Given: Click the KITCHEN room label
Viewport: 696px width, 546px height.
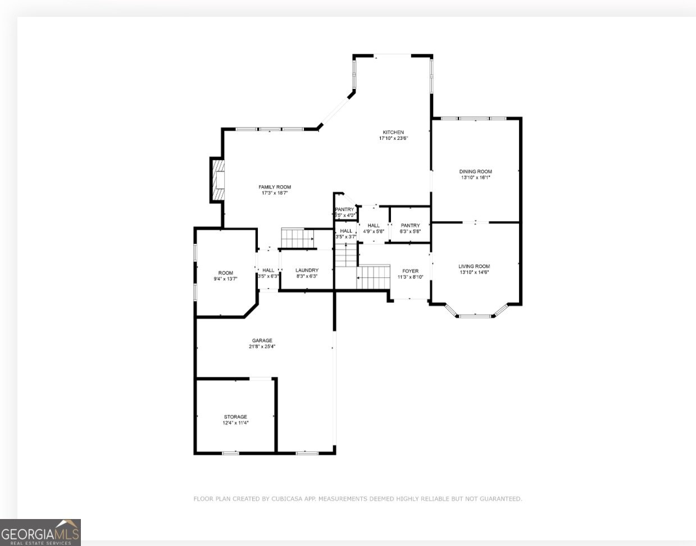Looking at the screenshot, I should tap(393, 133).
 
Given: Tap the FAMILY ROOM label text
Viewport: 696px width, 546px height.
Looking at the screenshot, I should tap(275, 187).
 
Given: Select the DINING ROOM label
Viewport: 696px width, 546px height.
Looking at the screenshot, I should tap(475, 172).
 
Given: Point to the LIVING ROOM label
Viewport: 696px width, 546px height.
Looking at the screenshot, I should tap(474, 266).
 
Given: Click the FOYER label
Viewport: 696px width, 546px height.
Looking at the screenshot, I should tap(410, 271).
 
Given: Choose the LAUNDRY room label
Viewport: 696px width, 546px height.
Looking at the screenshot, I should tap(307, 270).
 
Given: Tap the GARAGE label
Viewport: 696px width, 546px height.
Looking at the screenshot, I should tap(262, 340).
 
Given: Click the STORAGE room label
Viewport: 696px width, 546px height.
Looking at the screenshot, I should tap(235, 417).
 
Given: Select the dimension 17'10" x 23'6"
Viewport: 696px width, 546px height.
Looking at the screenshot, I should tap(393, 138).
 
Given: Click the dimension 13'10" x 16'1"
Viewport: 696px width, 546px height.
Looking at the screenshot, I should tap(475, 178).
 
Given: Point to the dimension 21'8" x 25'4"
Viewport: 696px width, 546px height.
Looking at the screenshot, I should tap(262, 347).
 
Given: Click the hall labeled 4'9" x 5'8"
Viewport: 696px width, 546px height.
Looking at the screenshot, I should tap(374, 228).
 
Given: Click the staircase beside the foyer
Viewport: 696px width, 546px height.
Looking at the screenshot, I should tap(374, 276).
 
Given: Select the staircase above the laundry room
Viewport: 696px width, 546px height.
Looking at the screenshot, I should tap(298, 238).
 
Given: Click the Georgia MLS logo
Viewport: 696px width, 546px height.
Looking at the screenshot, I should tap(40, 533).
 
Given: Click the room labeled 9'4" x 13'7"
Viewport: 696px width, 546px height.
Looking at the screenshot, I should tap(225, 276).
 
